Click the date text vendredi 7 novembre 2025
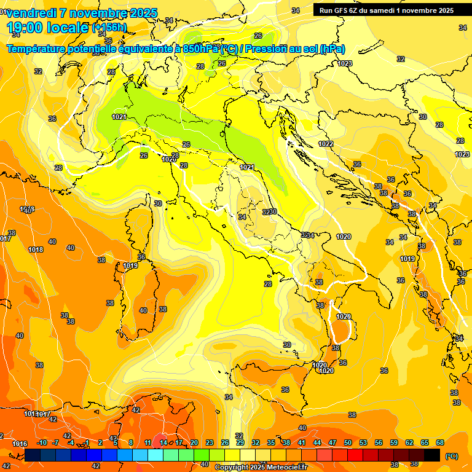click(x=83, y=13)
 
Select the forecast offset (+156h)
click(x=109, y=28)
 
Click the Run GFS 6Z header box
click(x=387, y=10)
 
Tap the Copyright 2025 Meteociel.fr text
click(x=261, y=467)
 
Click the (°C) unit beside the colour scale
click(x=452, y=456)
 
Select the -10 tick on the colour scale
click(x=42, y=443)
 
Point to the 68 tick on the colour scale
click(x=440, y=443)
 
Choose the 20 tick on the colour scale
click(x=194, y=443)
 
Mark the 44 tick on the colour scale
click(x=317, y=443)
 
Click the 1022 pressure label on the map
click(x=326, y=144)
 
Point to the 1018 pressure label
click(x=36, y=250)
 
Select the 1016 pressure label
click(x=20, y=444)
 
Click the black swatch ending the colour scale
click(x=432, y=455)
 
